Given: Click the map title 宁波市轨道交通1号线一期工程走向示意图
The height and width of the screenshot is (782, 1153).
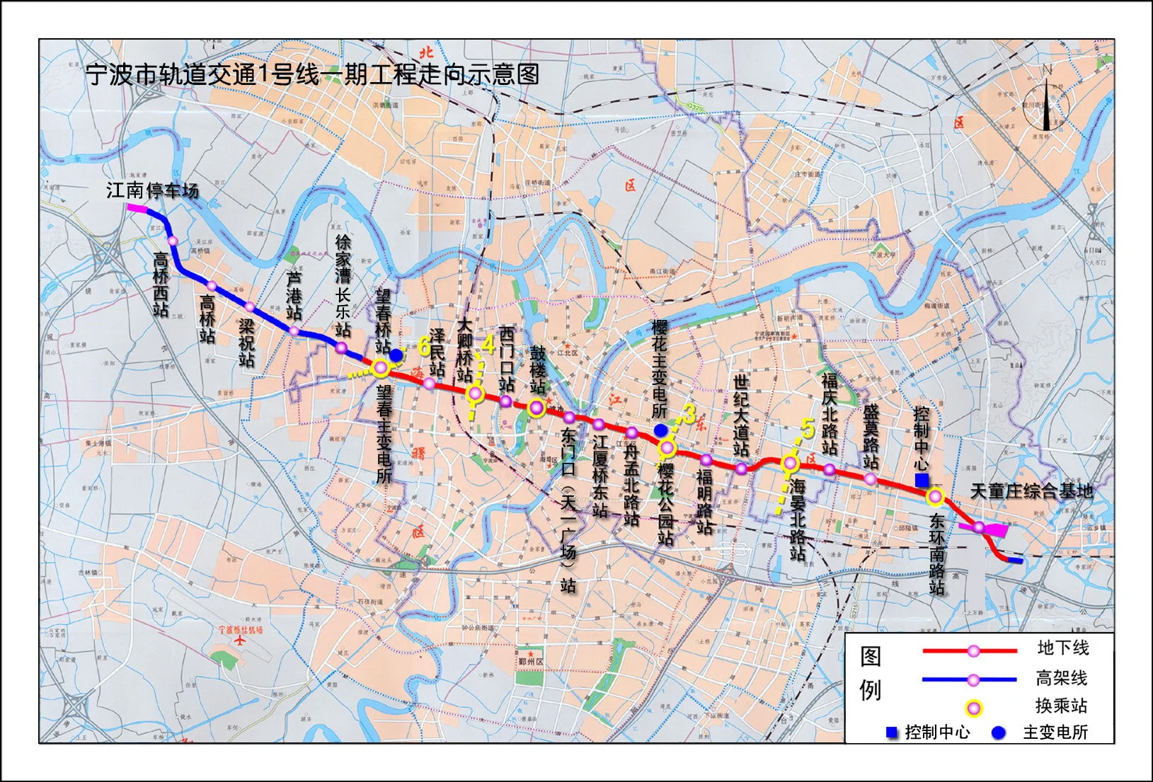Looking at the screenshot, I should point(312,74).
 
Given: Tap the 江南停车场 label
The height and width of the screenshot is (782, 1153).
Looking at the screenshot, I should point(152,190).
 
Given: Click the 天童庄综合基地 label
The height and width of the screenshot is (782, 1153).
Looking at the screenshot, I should point(1031,491).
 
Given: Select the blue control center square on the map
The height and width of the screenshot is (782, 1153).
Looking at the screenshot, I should point(922,481).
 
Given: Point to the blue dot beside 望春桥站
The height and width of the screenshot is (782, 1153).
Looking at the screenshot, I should point(396,355).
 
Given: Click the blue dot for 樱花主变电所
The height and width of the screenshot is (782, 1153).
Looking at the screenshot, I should point(660,430).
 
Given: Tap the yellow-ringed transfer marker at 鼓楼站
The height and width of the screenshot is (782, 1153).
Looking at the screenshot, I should point(537,408).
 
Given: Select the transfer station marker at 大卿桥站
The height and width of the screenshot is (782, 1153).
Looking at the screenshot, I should point(476,394).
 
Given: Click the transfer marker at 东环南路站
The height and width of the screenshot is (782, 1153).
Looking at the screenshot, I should point(936,496).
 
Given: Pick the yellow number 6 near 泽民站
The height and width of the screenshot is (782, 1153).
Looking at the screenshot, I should point(424,346).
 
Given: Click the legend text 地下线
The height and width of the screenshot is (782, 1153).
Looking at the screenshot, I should point(1062,648).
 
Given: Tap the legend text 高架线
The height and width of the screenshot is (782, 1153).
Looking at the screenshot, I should point(1061,678).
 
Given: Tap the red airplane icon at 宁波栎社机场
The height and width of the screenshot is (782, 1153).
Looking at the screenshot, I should point(241,641).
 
